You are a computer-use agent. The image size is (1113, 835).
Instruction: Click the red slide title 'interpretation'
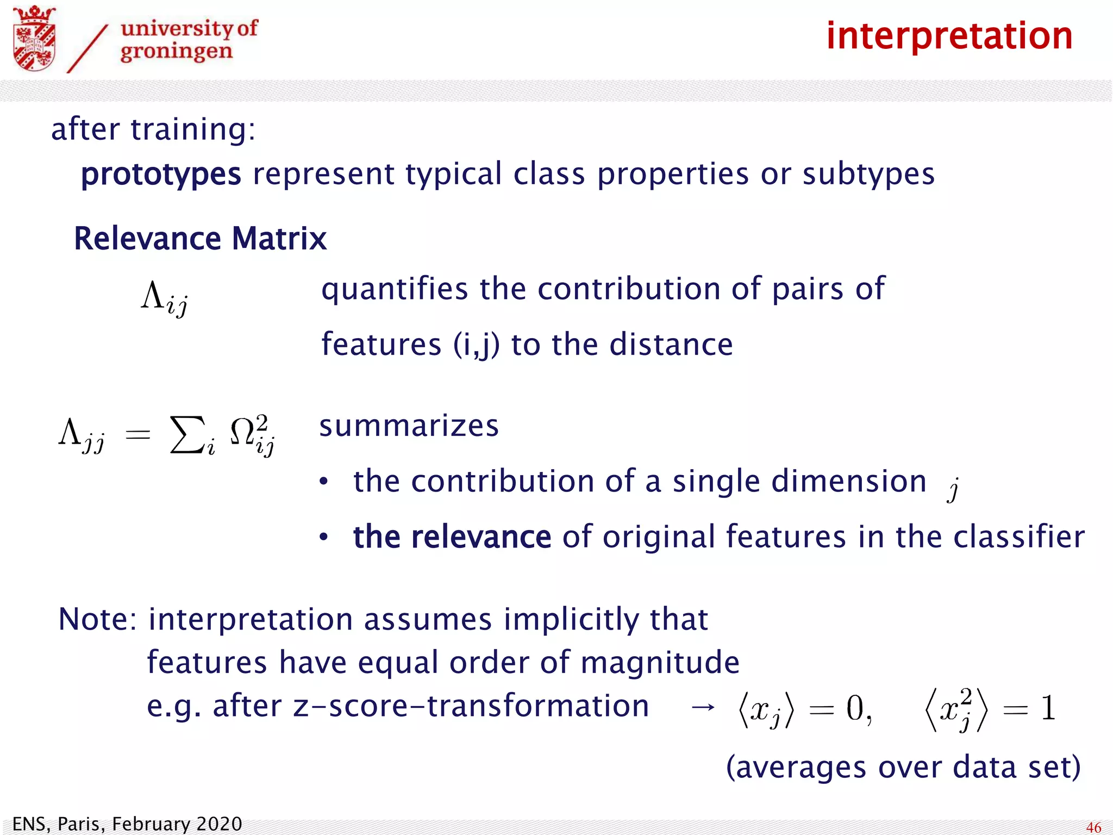click(x=949, y=36)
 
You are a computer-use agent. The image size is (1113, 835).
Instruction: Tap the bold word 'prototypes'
click(x=161, y=175)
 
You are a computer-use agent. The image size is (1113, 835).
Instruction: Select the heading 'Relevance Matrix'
click(x=200, y=239)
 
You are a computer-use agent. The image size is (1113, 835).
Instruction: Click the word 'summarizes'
click(x=409, y=426)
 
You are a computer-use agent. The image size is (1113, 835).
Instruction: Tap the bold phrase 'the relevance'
click(x=452, y=537)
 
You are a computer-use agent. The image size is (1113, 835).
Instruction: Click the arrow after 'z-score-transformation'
click(x=703, y=707)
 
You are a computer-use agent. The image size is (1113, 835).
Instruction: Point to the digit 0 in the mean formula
click(x=855, y=708)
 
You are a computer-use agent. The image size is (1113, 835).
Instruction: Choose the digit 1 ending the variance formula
click(x=1048, y=708)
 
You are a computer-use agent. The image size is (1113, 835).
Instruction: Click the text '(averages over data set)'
click(x=903, y=768)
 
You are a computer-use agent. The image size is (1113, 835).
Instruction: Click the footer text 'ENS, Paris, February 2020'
click(x=127, y=824)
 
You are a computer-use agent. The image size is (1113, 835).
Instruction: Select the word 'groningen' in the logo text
click(x=176, y=52)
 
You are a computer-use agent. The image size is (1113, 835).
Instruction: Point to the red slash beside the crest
click(x=87, y=49)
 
